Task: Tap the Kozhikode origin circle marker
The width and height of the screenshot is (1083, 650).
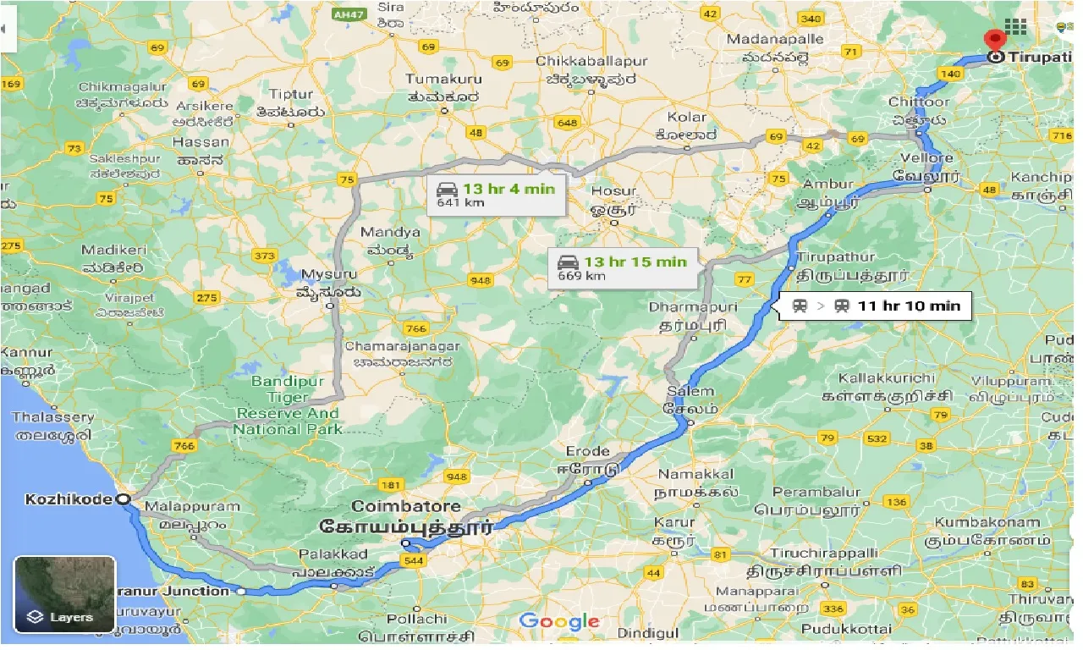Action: [124, 499]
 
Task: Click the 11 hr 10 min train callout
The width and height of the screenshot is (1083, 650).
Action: [876, 306]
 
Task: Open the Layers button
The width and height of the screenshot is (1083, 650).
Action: [64, 594]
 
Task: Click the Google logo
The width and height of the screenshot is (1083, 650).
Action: [559, 622]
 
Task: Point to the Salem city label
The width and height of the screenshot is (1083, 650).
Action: [690, 392]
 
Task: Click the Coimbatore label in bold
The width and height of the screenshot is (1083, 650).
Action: [406, 506]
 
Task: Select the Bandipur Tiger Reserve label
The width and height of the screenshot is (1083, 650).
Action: [288, 405]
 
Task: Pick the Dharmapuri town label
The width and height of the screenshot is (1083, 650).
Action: [693, 306]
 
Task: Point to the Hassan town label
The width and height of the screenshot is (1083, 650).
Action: [201, 142]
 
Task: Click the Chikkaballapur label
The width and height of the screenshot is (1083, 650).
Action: [591, 62]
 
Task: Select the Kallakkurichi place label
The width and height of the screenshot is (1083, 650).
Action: [886, 378]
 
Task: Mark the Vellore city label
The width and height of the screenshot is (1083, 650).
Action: [927, 158]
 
